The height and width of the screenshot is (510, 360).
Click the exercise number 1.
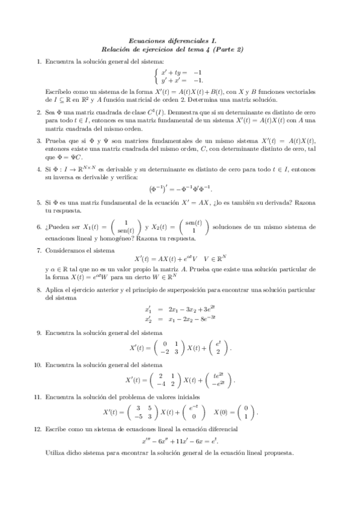pos(39,61)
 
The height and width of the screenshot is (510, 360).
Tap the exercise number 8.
pos(39,290)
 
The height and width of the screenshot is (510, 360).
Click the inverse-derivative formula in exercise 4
pos(180,189)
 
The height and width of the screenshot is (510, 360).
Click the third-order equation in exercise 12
pos(180,441)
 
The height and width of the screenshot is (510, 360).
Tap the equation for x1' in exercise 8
pos(180,309)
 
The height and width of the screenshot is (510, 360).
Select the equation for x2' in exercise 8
pos(180,318)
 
